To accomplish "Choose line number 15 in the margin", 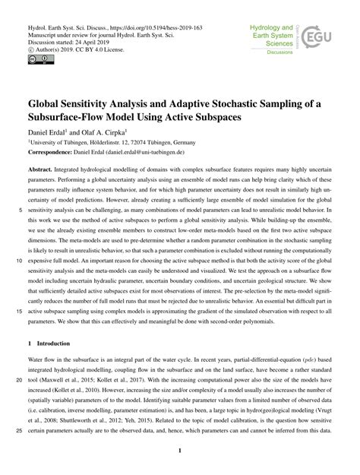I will (x=16, y=310).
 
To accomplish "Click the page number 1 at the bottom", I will (x=180, y=454).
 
